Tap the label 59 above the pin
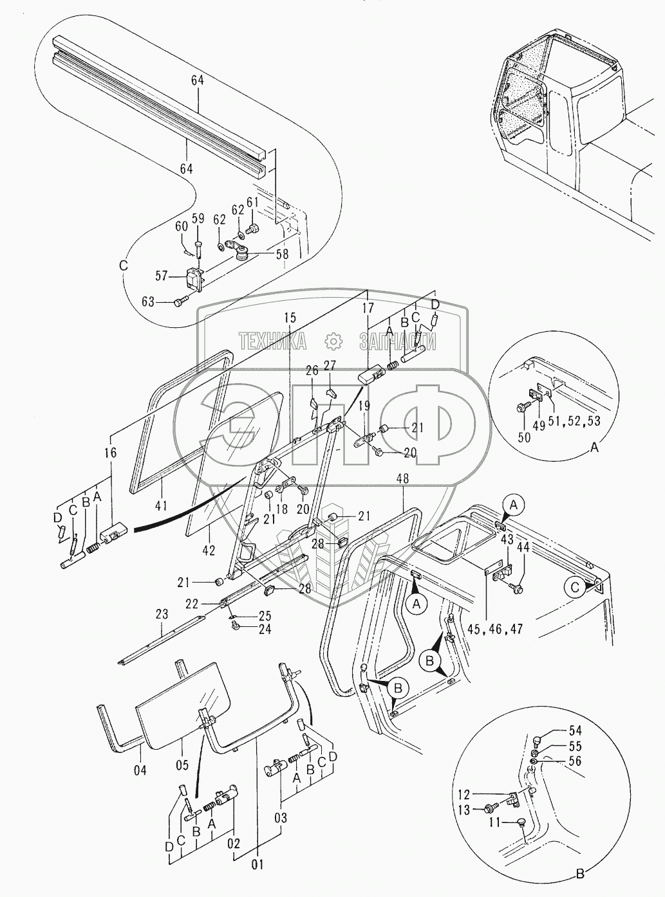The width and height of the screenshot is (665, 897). coord(198,218)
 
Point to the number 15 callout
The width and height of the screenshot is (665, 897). coord(290,317)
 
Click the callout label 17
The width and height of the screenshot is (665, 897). coord(368,308)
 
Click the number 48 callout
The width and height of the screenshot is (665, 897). coord(403,478)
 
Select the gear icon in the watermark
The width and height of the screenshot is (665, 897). coord(333,340)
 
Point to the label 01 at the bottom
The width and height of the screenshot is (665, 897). coord(258,865)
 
